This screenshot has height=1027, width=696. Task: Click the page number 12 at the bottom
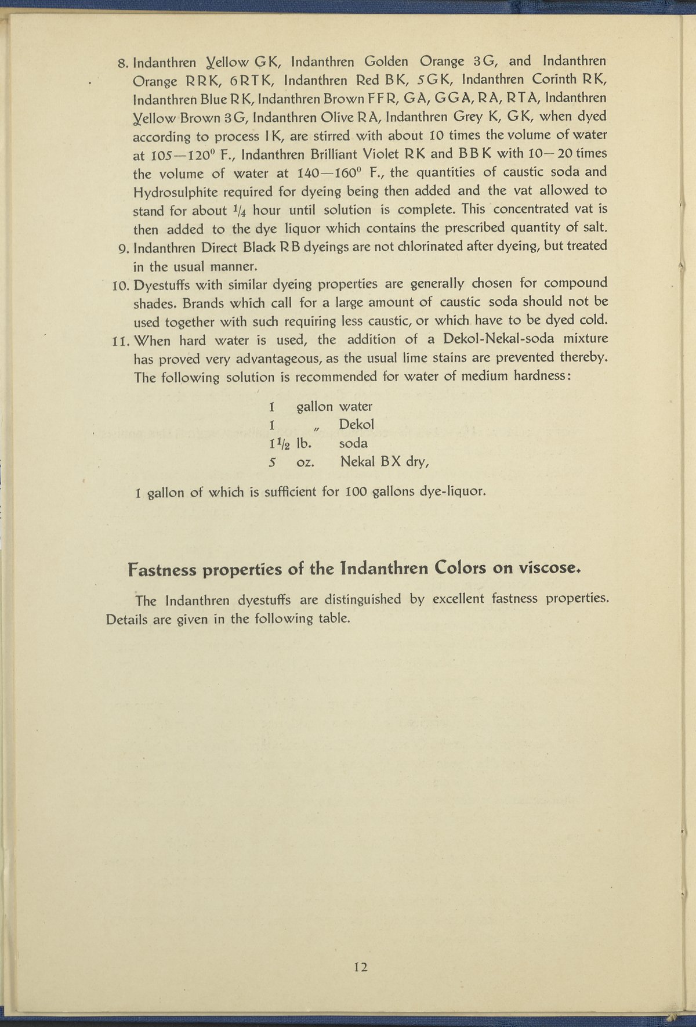coord(360,967)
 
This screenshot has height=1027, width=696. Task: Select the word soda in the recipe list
coord(353,443)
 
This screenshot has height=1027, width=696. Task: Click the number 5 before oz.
coord(271,462)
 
